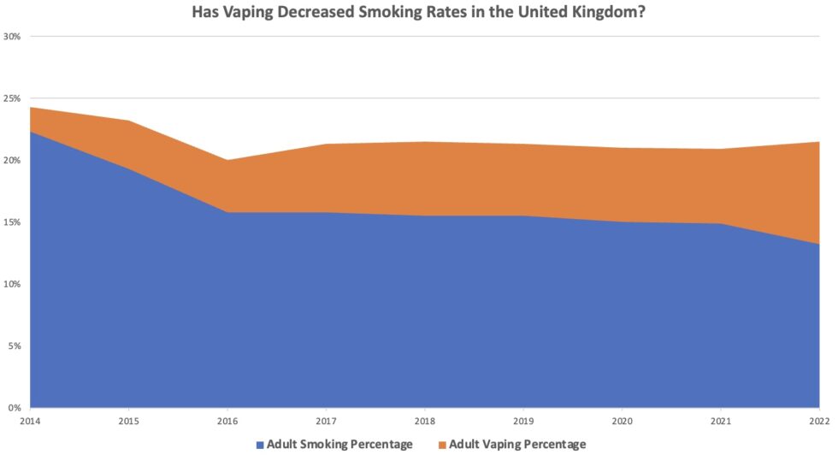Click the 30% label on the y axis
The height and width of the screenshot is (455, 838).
pos(13,37)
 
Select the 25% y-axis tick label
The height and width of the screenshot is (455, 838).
pos(13,98)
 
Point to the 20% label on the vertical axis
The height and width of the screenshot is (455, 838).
pos(13,160)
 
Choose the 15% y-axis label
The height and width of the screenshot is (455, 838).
pos(13,222)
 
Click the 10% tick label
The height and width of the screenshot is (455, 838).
pos(13,284)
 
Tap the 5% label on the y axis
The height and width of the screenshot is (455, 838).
pos(15,346)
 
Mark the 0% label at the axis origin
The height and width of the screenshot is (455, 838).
pos(15,407)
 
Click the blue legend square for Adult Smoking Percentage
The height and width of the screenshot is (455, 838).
pos(260,444)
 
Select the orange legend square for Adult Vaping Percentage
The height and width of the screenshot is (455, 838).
pos(441,444)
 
